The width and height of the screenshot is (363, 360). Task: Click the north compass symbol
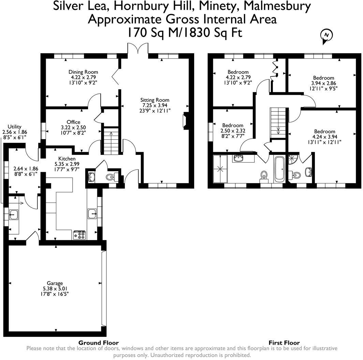click(x=327, y=35)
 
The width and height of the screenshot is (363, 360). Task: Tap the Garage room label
click(x=55, y=283)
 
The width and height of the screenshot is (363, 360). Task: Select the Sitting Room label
click(x=155, y=100)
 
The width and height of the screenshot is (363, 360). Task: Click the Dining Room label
click(x=83, y=72)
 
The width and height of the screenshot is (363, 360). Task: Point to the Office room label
click(x=73, y=122)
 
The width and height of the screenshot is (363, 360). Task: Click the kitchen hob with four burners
click(x=79, y=235)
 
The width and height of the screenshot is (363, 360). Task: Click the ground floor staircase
click(x=112, y=141)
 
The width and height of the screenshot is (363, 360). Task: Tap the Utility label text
click(x=10, y=126)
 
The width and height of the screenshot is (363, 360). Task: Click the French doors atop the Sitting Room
click(x=138, y=49)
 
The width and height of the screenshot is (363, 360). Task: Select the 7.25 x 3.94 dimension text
click(x=155, y=105)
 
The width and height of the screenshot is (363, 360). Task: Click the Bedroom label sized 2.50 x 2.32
click(x=233, y=125)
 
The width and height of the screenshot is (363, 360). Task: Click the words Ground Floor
click(x=99, y=343)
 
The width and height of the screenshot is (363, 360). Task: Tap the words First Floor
click(x=284, y=343)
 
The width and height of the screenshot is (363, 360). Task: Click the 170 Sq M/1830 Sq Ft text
click(x=185, y=33)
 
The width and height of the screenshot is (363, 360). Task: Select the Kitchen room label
click(x=67, y=159)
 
